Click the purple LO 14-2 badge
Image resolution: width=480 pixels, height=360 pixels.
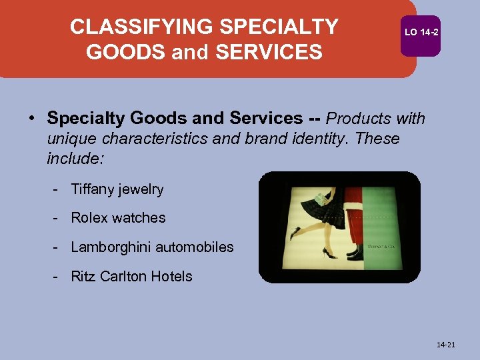pyautogui.click(x=421, y=33)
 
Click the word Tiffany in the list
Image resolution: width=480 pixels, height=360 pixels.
pyautogui.click(x=92, y=189)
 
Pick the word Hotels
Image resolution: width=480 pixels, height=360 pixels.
pyautogui.click(x=175, y=277)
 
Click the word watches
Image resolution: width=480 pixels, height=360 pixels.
pyautogui.click(x=139, y=218)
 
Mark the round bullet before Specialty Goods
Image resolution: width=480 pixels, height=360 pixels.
pyautogui.click(x=32, y=119)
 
